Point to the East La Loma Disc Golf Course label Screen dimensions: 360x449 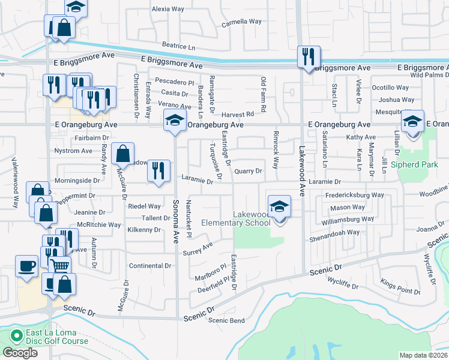(57, 337)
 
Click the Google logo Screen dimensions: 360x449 (20, 353)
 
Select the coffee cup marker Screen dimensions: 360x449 (26, 266)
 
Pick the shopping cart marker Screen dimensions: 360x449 (60, 265)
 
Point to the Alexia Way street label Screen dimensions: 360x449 (168, 10)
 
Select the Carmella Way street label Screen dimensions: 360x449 (242, 22)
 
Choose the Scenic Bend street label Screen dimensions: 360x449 (226, 320)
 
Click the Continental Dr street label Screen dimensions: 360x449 (151, 266)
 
